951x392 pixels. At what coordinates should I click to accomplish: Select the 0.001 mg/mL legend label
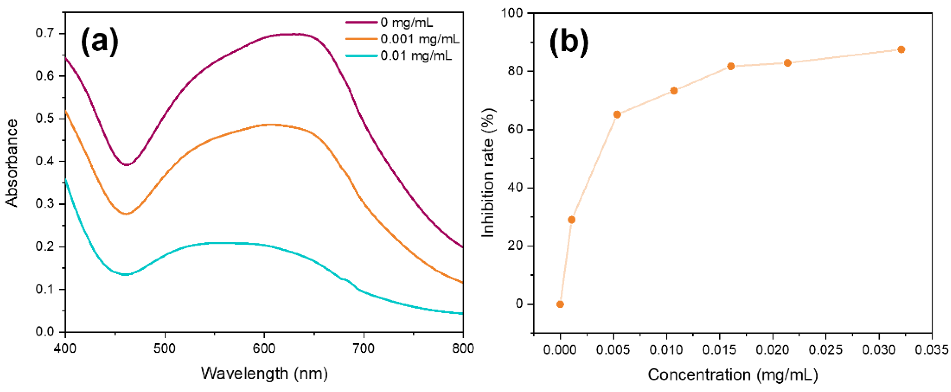[x=420, y=39]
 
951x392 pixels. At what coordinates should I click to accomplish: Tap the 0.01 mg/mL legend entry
[x=416, y=56]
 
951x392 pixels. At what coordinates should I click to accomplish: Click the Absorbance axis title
[x=12, y=163]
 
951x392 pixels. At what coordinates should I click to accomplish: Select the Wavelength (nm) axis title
[x=264, y=374]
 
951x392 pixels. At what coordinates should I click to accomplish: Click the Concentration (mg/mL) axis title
[x=733, y=375]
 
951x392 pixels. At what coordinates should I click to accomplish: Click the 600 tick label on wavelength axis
[x=264, y=348]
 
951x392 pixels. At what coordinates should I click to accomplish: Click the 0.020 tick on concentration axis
[x=773, y=350]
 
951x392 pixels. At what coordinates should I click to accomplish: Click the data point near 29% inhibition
[x=571, y=220]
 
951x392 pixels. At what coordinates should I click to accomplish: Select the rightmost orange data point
[x=901, y=49]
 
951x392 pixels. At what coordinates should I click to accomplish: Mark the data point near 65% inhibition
[x=617, y=114]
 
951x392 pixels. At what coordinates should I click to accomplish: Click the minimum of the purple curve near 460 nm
[x=127, y=165]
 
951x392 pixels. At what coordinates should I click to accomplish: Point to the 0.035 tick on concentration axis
[x=932, y=350]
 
